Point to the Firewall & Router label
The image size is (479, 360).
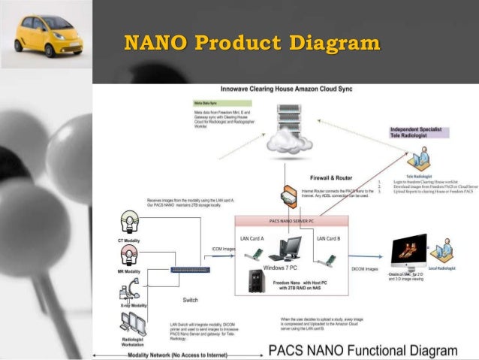tap(330, 178)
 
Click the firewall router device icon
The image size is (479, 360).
tap(288, 197)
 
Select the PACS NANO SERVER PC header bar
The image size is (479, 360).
tap(292, 222)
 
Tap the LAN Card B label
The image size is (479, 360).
tap(328, 238)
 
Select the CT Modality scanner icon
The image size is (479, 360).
tap(130, 223)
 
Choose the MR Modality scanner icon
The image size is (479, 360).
tap(130, 256)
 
